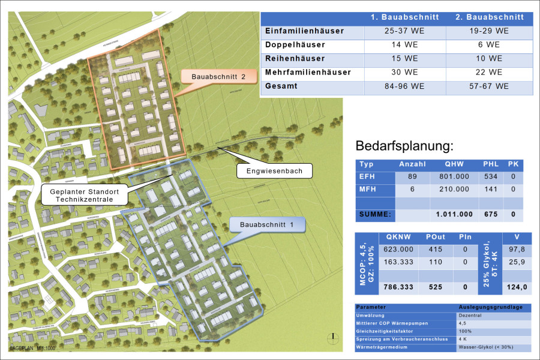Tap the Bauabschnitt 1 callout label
tap(268, 225)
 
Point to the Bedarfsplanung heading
tap(405, 146)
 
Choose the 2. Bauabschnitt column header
tap(490, 17)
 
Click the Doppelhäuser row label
tap(295, 44)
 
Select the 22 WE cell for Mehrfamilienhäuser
tap(490, 73)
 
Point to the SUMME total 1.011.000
tap(454, 214)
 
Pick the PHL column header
tap(490, 164)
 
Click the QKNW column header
tap(399, 237)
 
